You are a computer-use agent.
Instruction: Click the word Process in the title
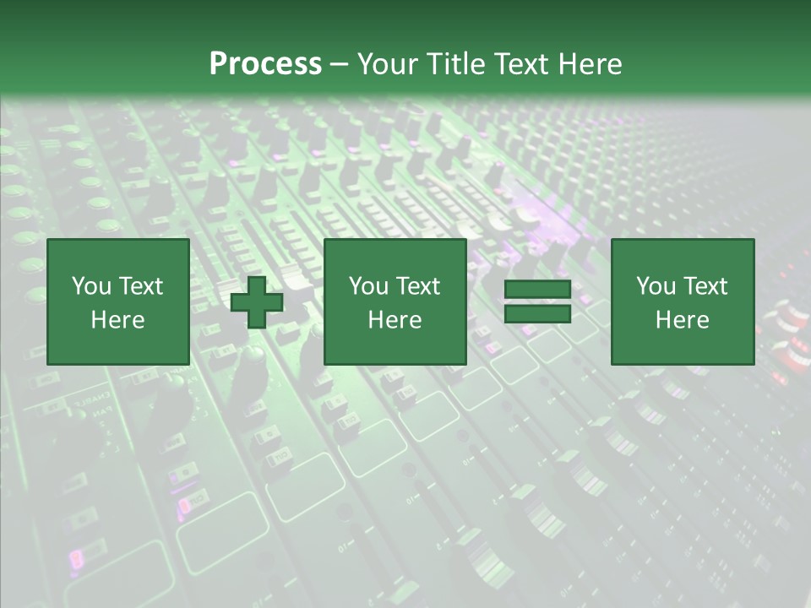pyautogui.click(x=265, y=64)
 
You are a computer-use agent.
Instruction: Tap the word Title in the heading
pyautogui.click(x=455, y=64)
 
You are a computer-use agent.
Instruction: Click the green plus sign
pyautogui.click(x=257, y=302)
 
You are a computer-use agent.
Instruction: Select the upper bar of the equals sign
pyautogui.click(x=537, y=290)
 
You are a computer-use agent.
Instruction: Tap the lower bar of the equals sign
pyautogui.click(x=537, y=314)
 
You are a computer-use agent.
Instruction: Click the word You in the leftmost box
pyautogui.click(x=90, y=286)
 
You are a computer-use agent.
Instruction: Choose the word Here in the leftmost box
pyautogui.click(x=117, y=320)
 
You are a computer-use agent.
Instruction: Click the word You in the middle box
pyautogui.click(x=367, y=286)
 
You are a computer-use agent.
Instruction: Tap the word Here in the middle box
pyautogui.click(x=395, y=320)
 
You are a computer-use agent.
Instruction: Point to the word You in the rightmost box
pyautogui.click(x=655, y=286)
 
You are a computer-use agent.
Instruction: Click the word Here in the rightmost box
pyautogui.click(x=682, y=320)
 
